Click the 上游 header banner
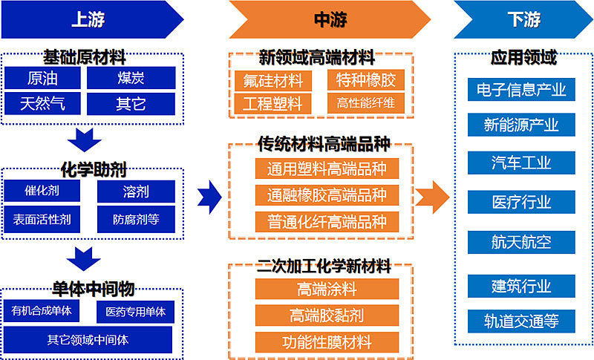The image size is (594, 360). [x=89, y=19]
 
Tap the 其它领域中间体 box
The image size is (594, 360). [x=88, y=340]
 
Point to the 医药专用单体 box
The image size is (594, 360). [x=135, y=311]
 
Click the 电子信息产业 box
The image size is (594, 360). [x=521, y=90]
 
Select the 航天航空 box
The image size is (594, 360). [x=521, y=241]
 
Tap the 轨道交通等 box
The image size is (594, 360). [x=521, y=321]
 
